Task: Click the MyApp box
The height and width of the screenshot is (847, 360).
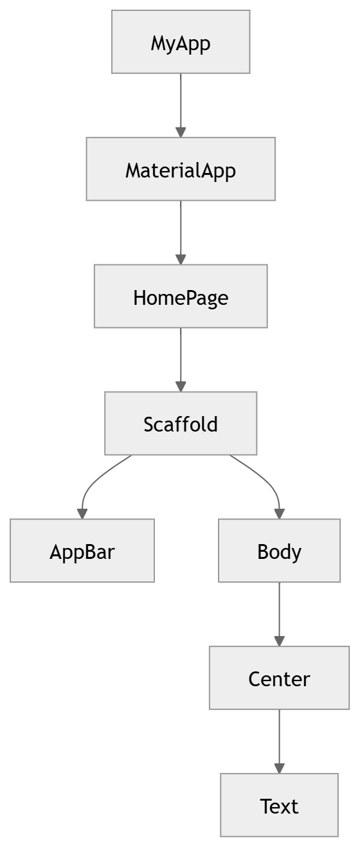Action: point(181,42)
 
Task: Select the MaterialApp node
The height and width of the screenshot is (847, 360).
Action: point(181,169)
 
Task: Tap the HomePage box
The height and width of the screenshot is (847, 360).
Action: point(181,296)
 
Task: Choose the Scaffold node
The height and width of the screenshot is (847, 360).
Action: point(181,424)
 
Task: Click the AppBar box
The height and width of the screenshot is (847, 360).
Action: point(82,551)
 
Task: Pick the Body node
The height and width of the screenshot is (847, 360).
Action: point(279,551)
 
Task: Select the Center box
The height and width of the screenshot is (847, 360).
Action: point(279,678)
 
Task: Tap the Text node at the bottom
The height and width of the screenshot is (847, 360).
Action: point(279,805)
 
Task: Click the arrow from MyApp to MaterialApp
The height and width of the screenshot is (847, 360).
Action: point(181,103)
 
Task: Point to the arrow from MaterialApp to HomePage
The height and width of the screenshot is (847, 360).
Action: point(181,230)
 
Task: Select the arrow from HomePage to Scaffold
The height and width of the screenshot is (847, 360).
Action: point(181,358)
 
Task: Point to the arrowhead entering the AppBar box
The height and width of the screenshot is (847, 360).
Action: point(82,513)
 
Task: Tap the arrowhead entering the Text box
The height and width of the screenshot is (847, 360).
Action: point(279,768)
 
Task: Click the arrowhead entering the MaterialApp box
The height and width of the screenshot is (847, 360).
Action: point(181,131)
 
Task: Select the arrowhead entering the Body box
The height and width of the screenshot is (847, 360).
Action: point(279,513)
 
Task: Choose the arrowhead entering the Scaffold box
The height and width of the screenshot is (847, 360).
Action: point(181,386)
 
